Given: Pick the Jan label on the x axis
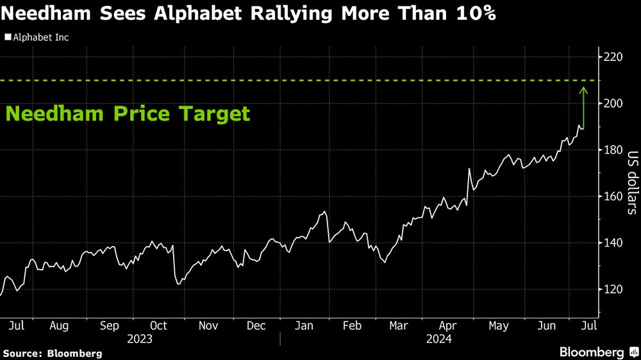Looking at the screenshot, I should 304,325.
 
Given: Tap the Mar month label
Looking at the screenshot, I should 399,325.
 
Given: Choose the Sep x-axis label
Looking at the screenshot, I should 109,325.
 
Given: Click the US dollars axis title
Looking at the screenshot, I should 632,182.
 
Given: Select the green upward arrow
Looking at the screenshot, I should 583,106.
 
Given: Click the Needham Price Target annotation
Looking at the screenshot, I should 128,115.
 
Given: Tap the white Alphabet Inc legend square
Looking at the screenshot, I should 8,37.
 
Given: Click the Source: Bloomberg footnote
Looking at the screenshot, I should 53,353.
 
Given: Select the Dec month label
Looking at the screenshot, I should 256,325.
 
